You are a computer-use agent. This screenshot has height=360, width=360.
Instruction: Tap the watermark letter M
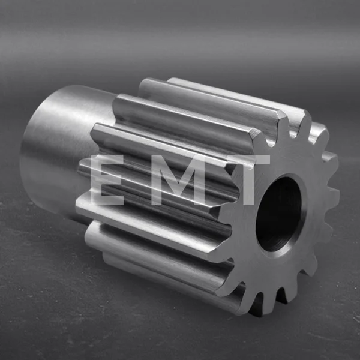pyautogui.click(x=178, y=180)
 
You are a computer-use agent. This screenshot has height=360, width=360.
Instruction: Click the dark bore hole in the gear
pyautogui.click(x=279, y=214)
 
